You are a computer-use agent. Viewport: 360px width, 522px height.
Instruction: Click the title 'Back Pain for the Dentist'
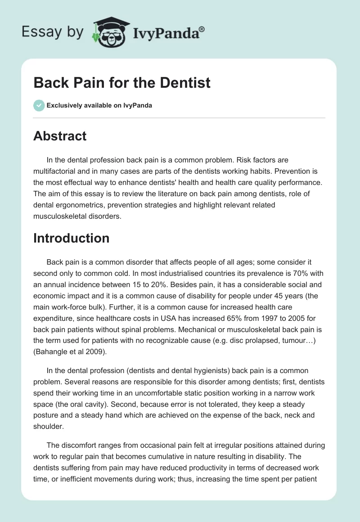pos(121,83)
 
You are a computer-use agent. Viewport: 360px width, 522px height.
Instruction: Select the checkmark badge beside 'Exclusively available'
pos(39,105)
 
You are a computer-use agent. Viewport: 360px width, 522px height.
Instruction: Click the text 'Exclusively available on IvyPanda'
pos(99,105)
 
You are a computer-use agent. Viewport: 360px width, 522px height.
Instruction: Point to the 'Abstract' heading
pos(59,136)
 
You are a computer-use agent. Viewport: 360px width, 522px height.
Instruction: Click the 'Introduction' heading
pos(71,238)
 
